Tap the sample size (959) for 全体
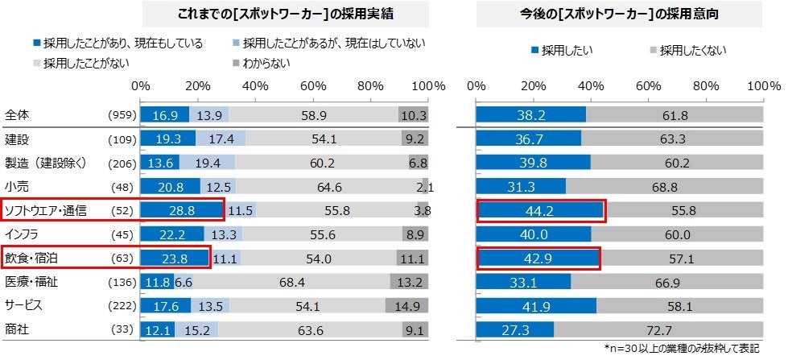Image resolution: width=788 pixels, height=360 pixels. pyautogui.click(x=122, y=115)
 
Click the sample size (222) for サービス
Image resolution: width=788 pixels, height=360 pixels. pyautogui.click(x=122, y=305)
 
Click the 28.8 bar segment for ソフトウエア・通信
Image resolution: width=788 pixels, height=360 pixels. pyautogui.click(x=181, y=210)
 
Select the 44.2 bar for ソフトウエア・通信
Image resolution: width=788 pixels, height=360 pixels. pyautogui.click(x=539, y=210)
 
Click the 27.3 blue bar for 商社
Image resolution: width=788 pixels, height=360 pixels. pyautogui.click(x=515, y=329)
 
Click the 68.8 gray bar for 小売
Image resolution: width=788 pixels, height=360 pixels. pyautogui.click(x=665, y=186)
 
